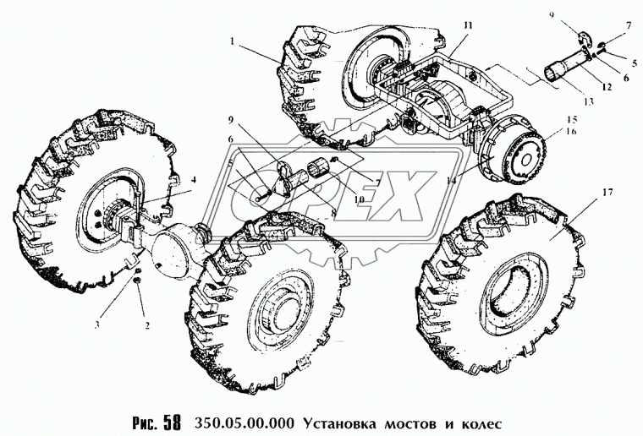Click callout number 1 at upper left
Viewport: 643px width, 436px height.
(x=233, y=41)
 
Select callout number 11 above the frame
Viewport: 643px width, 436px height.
(x=469, y=26)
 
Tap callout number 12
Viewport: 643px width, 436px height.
(x=607, y=87)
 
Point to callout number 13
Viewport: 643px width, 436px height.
(x=589, y=102)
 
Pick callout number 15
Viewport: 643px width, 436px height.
(x=572, y=119)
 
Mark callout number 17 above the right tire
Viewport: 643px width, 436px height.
(x=607, y=192)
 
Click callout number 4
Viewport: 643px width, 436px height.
(x=194, y=179)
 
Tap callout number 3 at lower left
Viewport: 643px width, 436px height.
(x=97, y=325)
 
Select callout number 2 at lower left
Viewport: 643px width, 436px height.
(x=147, y=326)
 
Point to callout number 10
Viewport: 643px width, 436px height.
(x=360, y=199)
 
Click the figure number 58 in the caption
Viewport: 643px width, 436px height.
(x=172, y=423)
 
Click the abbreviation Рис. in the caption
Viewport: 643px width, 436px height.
(x=145, y=423)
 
